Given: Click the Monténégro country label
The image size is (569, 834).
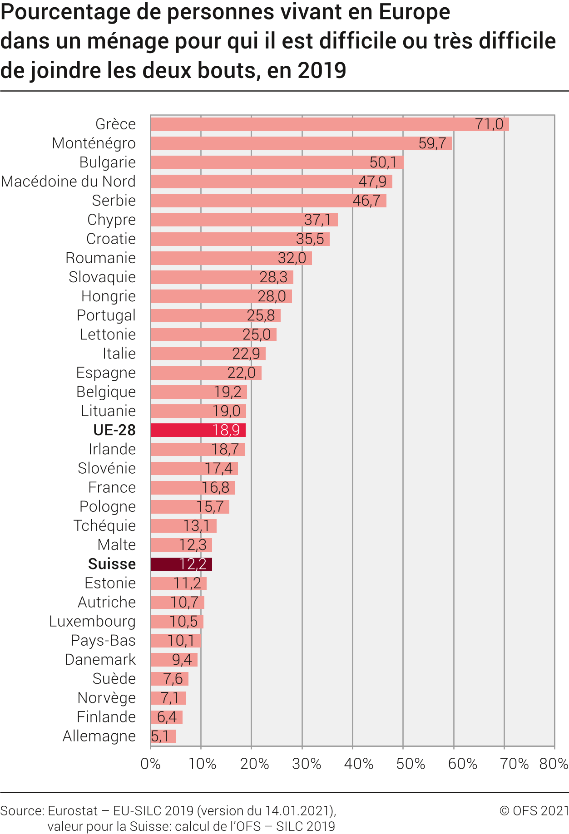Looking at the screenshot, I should (94, 143).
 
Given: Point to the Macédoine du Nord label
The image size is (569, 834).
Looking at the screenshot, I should (69, 182).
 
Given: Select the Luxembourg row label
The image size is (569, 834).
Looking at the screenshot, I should (93, 621).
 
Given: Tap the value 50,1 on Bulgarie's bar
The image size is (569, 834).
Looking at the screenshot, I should (383, 162).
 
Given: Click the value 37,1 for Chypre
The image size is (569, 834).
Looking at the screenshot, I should (317, 220).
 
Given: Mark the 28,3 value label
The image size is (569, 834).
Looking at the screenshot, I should (273, 277).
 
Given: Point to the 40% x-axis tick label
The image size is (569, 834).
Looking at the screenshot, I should (358, 764).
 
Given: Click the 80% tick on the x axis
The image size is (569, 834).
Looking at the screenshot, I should (554, 764).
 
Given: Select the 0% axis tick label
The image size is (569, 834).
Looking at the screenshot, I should (150, 764).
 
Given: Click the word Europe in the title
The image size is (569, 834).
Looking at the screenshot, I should (414, 12).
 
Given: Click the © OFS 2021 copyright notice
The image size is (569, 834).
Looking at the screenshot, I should (534, 811).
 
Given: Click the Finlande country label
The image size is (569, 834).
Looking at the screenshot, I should (106, 717).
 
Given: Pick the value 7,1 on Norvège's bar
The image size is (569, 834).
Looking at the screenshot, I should (169, 698).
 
